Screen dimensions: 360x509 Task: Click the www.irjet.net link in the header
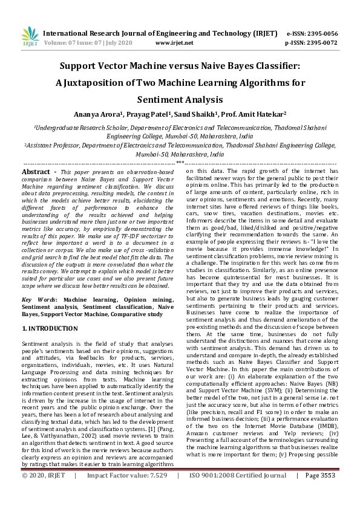174,43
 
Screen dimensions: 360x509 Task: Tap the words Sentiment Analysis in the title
180,99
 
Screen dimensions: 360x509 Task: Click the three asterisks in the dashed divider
180,163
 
